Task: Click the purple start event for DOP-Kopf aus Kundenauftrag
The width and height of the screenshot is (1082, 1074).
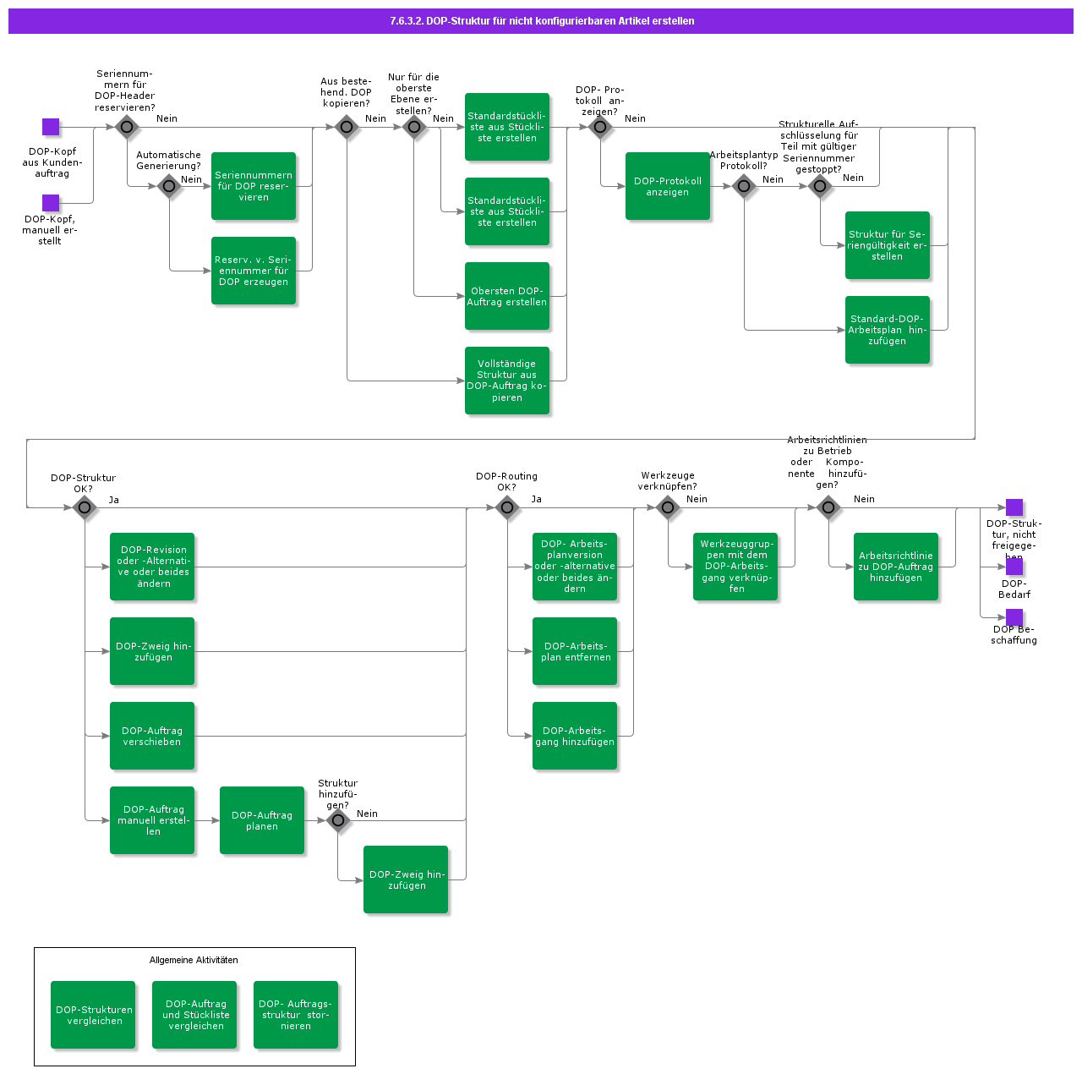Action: (x=51, y=127)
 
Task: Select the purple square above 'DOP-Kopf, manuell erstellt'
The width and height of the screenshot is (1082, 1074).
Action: (x=51, y=203)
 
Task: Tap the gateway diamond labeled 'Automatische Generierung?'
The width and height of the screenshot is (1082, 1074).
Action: (x=169, y=186)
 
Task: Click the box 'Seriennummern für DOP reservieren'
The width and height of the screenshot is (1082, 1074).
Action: (x=254, y=186)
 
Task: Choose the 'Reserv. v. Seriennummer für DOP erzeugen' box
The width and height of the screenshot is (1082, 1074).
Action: (x=254, y=271)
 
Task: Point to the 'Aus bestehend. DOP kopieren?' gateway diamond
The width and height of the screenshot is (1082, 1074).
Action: (x=347, y=127)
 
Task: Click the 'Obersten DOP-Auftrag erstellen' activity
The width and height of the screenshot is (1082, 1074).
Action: (x=507, y=296)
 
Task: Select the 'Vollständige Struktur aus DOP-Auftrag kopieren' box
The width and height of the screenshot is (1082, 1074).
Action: (x=507, y=381)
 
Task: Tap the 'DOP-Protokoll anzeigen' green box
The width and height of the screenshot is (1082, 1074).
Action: (x=668, y=186)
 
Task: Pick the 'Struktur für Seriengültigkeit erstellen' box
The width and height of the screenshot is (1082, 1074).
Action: (x=888, y=245)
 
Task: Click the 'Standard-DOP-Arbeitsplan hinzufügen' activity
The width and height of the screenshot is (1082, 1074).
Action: (x=888, y=330)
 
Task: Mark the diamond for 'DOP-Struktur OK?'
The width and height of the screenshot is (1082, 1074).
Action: (x=85, y=507)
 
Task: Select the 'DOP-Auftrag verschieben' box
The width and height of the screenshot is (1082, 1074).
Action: (x=152, y=736)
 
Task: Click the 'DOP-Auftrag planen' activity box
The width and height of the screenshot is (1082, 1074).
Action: (x=262, y=820)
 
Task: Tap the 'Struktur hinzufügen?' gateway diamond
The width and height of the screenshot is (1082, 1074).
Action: (x=338, y=820)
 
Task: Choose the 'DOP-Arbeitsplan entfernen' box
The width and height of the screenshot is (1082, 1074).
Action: (x=575, y=651)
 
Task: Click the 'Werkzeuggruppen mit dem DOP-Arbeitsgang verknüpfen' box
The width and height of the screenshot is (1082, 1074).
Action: (x=735, y=567)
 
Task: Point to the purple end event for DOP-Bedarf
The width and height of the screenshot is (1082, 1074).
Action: (x=1014, y=567)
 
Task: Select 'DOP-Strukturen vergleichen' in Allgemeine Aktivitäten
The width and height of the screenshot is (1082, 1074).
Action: (x=93, y=1015)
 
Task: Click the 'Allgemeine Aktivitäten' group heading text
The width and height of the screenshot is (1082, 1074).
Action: (x=194, y=960)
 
